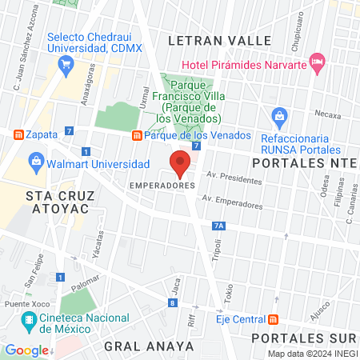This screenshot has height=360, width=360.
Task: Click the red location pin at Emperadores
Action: coord(180,164)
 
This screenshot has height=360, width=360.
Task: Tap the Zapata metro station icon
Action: coord(17,134)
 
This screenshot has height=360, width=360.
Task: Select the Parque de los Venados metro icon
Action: coord(138,135)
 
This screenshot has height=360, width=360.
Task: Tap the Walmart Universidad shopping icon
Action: coord(36,164)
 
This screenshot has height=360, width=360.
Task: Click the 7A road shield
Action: coord(219,226)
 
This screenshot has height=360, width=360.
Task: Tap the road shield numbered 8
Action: coord(172,302)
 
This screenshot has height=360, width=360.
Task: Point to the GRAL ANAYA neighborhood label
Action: coord(149,346)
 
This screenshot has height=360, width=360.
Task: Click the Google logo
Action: coord(26,350)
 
